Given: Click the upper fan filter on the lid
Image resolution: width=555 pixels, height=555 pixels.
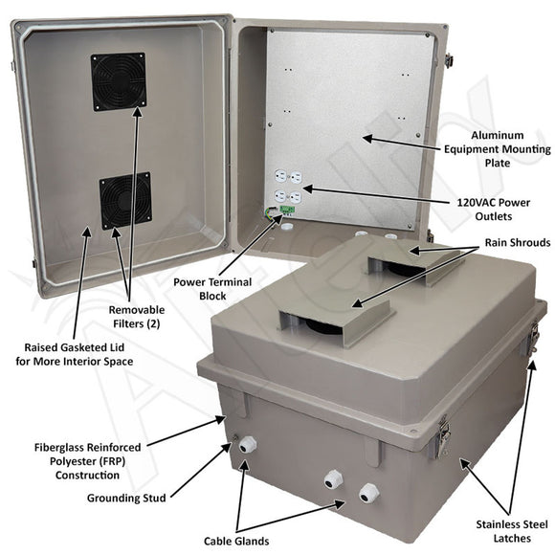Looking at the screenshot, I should click(x=118, y=81).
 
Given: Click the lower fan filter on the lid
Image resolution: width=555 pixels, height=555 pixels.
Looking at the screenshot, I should click(x=125, y=200).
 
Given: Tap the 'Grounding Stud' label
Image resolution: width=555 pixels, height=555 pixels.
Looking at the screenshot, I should click(x=126, y=498).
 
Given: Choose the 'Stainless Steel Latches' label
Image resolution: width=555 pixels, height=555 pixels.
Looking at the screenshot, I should click(x=514, y=531).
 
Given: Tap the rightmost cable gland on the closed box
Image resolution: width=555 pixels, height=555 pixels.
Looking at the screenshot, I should click(x=367, y=494).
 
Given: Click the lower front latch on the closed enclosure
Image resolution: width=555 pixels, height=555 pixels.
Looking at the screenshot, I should click(x=443, y=436).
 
